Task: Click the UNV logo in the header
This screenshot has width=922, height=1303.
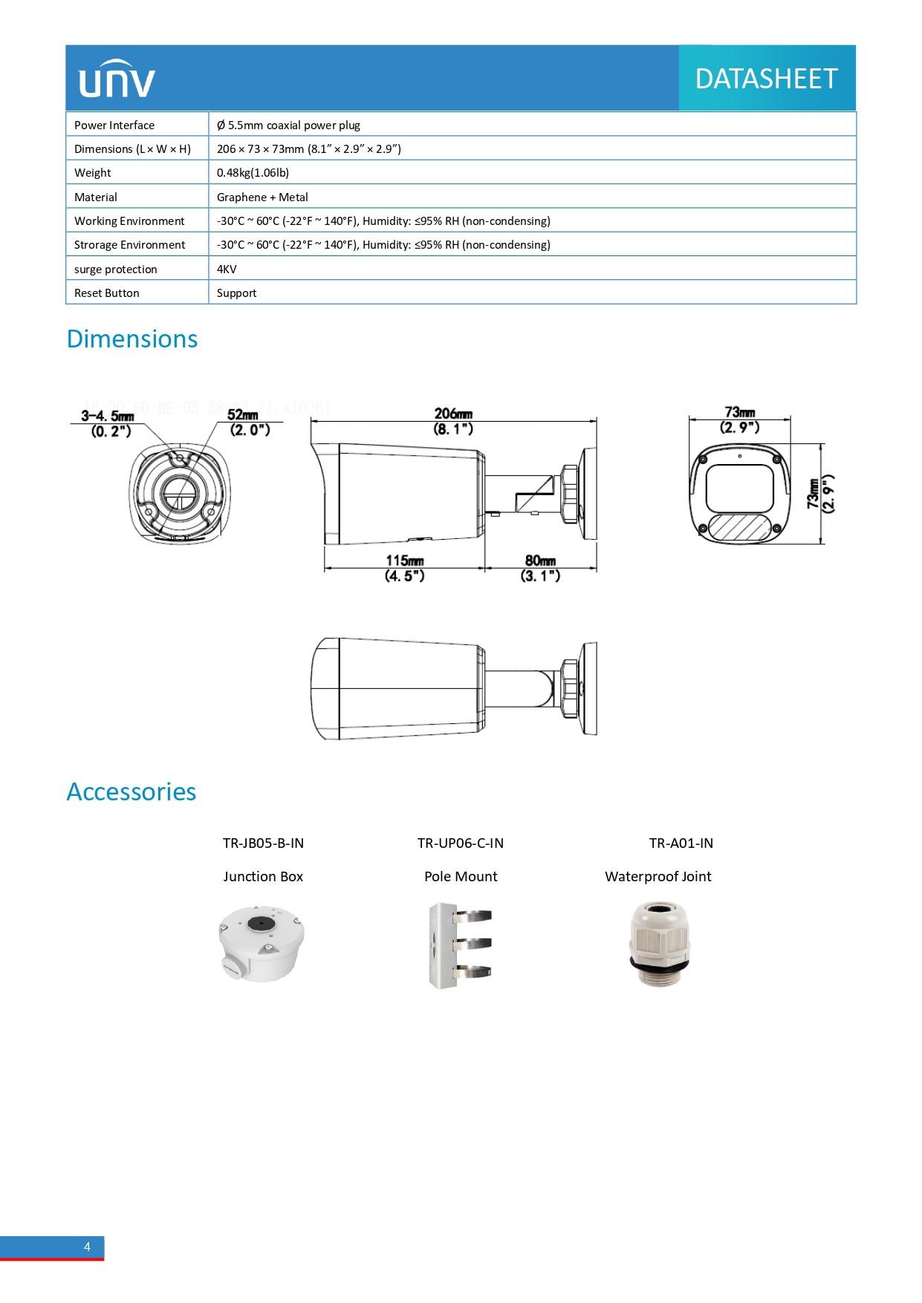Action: [x=117, y=79]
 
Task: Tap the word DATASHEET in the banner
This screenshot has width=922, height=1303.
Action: [x=766, y=79]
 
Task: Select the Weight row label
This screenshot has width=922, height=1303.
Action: [x=93, y=173]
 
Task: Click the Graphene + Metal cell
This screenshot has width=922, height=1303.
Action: [x=262, y=197]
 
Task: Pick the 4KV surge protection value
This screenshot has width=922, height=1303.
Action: [x=227, y=270]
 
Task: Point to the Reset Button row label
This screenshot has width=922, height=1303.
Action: [x=107, y=293]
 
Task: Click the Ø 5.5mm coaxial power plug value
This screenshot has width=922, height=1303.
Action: [x=288, y=125]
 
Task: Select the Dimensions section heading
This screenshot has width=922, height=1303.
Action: [x=132, y=339]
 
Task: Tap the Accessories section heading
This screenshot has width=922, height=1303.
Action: [x=132, y=792]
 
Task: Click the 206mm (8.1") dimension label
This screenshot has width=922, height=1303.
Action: [x=453, y=421]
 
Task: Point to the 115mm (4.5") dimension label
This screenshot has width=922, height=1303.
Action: [x=405, y=568]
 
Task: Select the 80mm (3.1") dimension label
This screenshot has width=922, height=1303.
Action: [x=540, y=568]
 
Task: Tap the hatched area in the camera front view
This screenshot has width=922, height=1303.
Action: [x=739, y=526]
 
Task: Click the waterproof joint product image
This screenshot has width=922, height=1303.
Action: [x=660, y=943]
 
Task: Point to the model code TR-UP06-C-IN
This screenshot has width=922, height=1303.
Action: [x=461, y=843]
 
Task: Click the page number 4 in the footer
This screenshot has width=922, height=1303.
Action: [x=87, y=1247]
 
